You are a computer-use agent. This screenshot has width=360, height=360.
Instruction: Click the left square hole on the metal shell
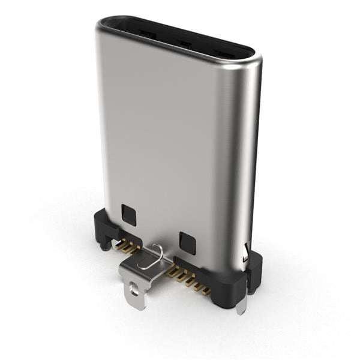pyautogui.click(x=128, y=214)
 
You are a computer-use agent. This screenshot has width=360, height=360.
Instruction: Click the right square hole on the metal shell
pyautogui.click(x=187, y=243)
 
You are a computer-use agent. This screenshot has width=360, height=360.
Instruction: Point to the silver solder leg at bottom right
pyautogui.click(x=241, y=306)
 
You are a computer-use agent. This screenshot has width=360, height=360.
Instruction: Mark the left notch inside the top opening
pyautogui.click(x=146, y=35)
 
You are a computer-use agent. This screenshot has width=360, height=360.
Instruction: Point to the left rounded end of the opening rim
pyautogui.click(x=103, y=24)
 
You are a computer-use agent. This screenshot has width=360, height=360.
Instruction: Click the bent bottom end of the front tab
pyautogui.click(x=138, y=303)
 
